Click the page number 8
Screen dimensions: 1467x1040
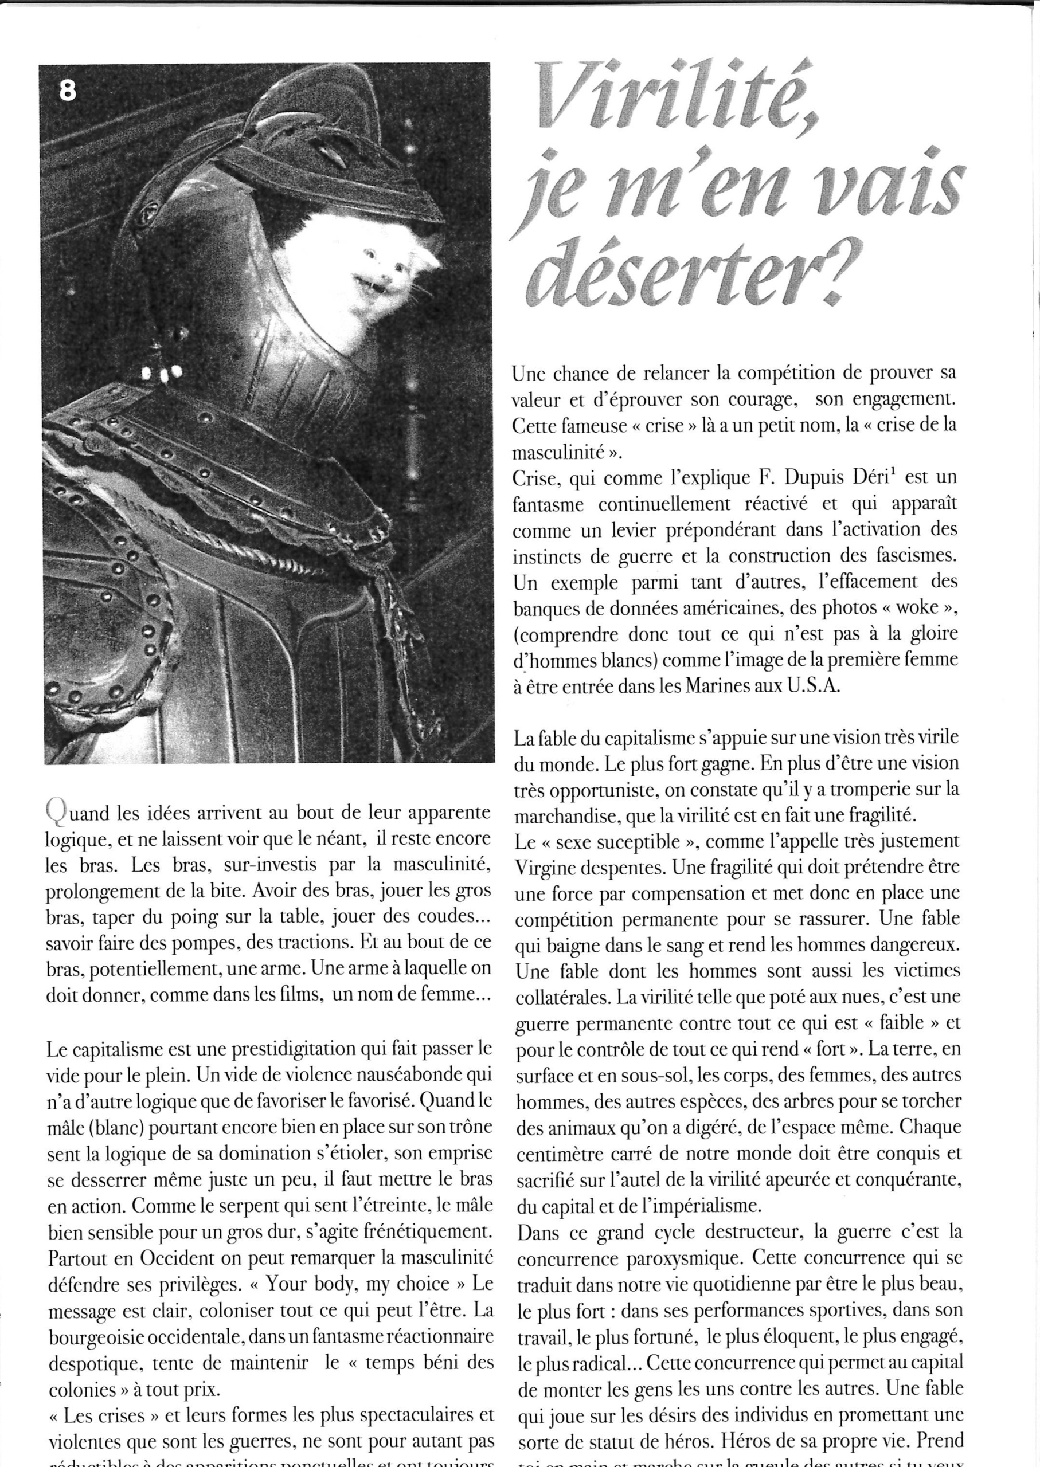[67, 92]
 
